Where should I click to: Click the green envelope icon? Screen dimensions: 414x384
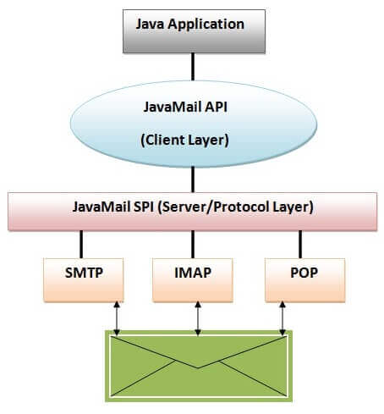[197, 364]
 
